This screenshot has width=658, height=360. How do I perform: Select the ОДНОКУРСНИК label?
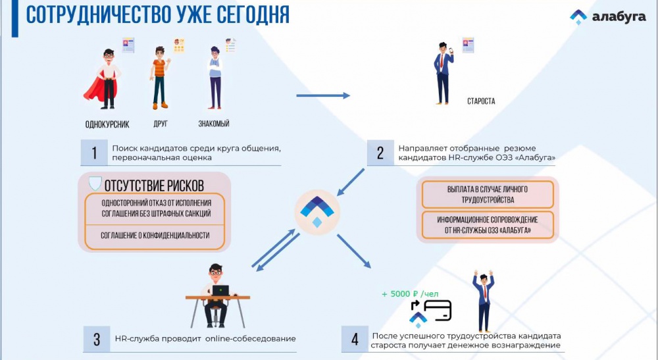107,124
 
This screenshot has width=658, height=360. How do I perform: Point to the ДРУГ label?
161,124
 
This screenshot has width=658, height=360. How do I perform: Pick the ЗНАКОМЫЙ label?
214,124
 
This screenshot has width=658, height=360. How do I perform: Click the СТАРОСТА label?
482,101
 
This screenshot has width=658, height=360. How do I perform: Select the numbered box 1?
94,153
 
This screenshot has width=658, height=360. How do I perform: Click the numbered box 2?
380,153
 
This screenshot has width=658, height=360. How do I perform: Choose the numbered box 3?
97,339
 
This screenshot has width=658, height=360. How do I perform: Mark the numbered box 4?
355,339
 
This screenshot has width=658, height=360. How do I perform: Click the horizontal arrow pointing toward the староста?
323,95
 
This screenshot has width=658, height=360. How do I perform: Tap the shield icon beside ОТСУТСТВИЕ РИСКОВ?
95,184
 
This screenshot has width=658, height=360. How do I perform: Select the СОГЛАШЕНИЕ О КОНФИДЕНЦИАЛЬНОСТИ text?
155,236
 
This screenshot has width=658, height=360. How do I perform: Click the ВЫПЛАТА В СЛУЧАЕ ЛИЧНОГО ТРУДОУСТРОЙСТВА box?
488,195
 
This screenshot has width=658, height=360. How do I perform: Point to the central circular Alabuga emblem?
317,212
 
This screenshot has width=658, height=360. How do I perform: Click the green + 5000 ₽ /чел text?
410,294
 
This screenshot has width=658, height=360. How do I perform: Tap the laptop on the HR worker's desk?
220,290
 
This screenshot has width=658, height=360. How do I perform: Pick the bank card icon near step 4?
438,311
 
